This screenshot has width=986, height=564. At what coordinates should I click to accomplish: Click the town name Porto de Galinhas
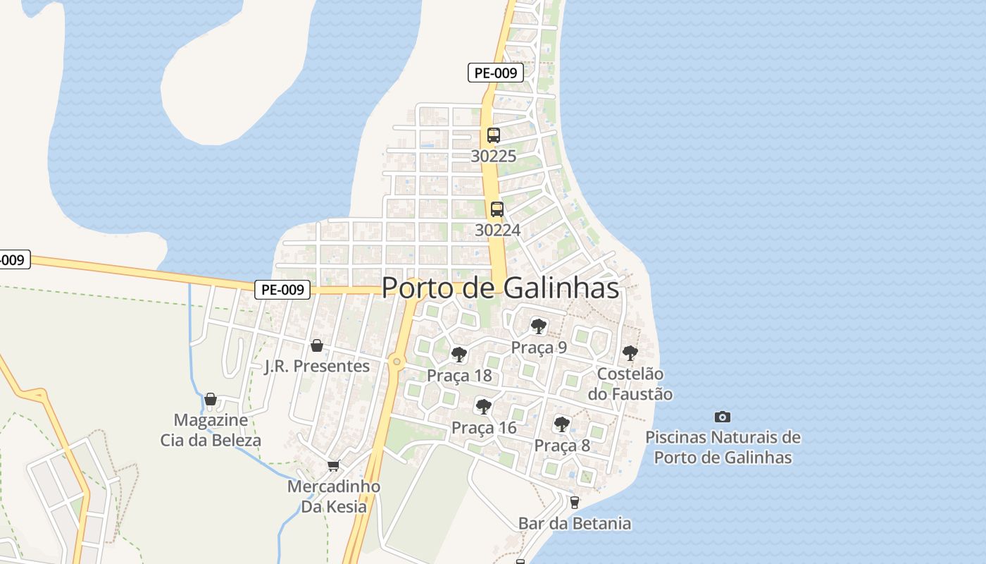point(500,288)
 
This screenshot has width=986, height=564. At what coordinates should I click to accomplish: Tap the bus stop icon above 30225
point(493,135)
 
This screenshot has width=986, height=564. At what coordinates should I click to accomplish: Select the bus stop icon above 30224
point(497,209)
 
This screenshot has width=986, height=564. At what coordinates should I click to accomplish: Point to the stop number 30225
point(493,156)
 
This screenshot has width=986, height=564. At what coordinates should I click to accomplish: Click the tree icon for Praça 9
point(539,326)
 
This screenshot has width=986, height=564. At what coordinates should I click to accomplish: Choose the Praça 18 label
point(459,375)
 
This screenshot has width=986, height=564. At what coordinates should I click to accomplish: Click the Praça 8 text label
point(561,445)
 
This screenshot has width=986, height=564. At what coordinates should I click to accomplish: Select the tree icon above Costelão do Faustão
point(630,353)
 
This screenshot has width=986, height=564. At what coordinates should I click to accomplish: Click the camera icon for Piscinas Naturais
point(722,417)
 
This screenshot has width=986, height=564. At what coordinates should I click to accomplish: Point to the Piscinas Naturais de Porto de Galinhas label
point(723,447)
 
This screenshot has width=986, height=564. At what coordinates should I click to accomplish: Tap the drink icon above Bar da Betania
point(574,503)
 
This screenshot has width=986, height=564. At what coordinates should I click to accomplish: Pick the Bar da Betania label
point(574,523)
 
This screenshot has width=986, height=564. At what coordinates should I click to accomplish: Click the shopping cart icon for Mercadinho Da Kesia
point(334,465)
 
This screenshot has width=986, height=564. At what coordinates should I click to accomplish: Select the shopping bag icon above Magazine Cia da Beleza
point(210,400)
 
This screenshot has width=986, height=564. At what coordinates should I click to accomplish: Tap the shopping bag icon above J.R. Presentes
point(316,345)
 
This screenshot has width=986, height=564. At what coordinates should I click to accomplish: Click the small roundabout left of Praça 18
point(397,362)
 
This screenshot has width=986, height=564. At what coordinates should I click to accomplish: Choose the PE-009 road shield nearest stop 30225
point(496,73)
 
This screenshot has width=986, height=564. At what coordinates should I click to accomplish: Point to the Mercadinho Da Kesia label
point(334,496)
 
